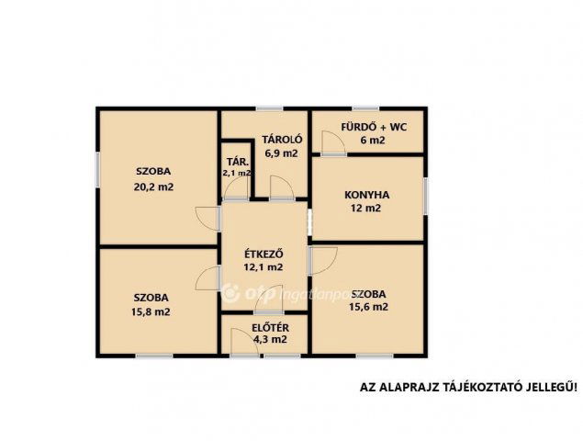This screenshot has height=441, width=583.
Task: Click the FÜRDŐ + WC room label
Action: (374, 128)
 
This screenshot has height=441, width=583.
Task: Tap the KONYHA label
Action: (366, 195)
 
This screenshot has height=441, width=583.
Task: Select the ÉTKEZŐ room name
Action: (263, 254)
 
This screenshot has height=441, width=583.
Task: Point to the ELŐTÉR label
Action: (270, 328)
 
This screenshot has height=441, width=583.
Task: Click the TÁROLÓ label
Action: (282, 140)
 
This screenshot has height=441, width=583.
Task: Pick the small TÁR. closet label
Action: (238, 162)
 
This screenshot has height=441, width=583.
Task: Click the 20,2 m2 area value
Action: (153, 187)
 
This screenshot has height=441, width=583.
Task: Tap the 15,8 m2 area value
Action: (151, 311)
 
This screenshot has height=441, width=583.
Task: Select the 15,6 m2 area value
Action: (368, 307)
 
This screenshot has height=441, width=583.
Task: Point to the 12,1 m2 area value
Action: (263, 266)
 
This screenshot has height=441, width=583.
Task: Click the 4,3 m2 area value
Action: (270, 339)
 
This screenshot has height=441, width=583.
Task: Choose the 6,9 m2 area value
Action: (282, 153)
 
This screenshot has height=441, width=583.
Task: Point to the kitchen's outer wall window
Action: (426, 196)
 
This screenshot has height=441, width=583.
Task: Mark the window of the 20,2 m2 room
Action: (98, 169)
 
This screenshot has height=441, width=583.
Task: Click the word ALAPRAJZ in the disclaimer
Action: (408, 387)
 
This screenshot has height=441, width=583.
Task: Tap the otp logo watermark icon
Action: (230, 292)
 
